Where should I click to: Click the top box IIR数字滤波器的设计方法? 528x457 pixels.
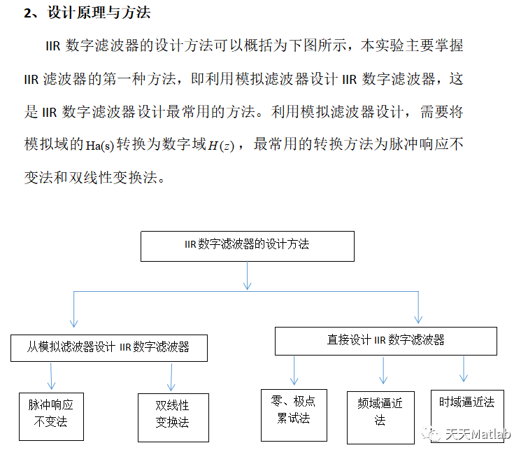pyautogui.click(x=248, y=246)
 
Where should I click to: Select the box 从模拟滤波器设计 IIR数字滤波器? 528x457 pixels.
pyautogui.click(x=109, y=347)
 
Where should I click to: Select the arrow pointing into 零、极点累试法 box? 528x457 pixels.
pyautogui.click(x=294, y=370)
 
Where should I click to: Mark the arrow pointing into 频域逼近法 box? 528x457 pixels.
pyautogui.click(x=383, y=370)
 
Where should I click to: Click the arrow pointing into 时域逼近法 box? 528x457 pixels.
pyautogui.click(x=463, y=368)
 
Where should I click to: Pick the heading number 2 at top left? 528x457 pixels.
pyautogui.click(x=27, y=13)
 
